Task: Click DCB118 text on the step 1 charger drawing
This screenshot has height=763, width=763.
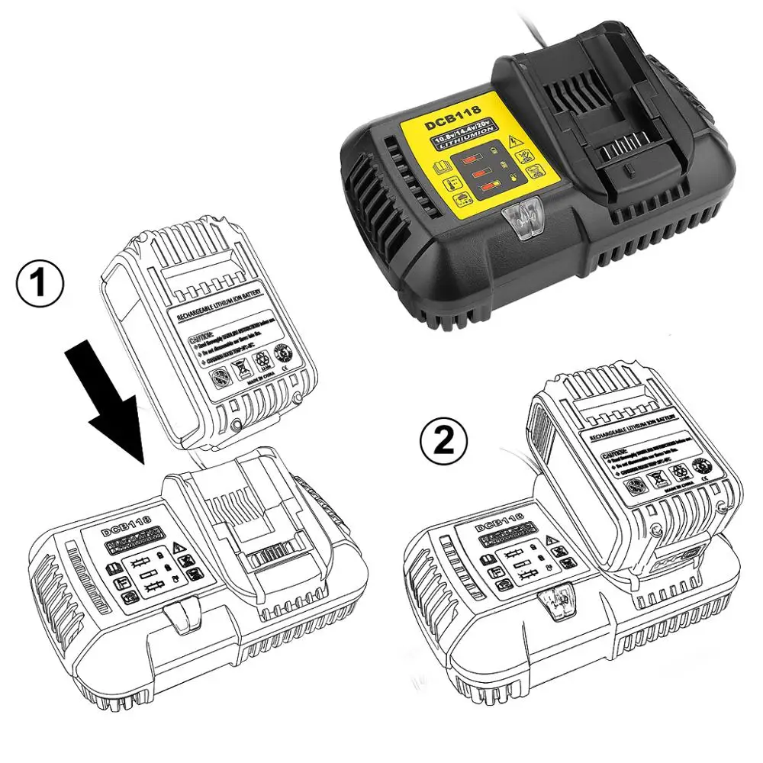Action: (x=127, y=520)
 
